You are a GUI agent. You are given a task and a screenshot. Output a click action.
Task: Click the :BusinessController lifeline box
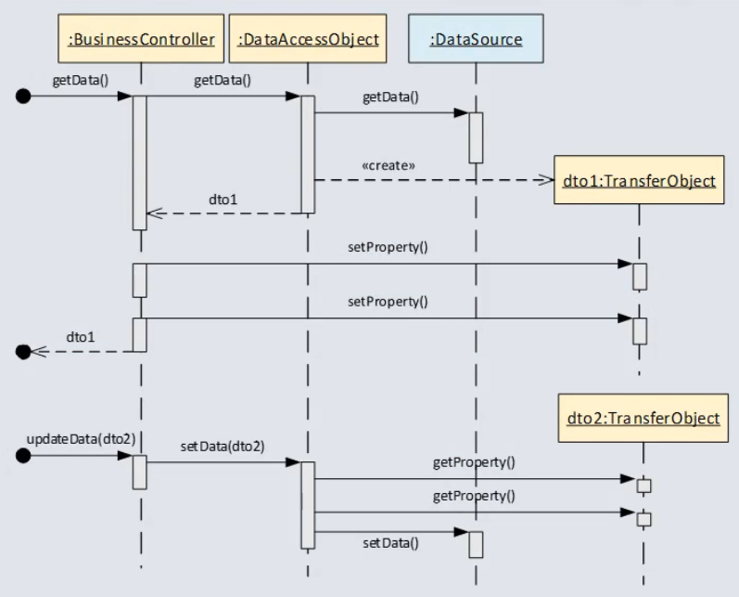[142, 39]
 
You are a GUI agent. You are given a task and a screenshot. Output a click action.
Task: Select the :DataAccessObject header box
[308, 39]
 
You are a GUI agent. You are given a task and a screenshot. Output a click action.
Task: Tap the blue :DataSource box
[476, 39]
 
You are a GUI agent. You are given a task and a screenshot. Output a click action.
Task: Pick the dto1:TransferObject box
[639, 180]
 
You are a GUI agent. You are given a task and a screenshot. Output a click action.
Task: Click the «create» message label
[388, 166]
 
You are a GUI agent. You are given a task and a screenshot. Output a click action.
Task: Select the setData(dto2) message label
[222, 446]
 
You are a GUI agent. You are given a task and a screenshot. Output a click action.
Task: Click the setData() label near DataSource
[389, 543]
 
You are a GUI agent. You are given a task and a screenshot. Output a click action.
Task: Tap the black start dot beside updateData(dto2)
[24, 456]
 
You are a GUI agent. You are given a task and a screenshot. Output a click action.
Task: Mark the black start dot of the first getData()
[24, 95]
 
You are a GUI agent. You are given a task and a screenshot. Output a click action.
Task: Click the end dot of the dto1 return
[24, 351]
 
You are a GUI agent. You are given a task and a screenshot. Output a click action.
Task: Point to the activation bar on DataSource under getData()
[476, 137]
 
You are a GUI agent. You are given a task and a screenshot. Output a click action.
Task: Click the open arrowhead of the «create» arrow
[545, 180]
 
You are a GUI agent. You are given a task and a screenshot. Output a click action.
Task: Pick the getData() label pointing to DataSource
[390, 97]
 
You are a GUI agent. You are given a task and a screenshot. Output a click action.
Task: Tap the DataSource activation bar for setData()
[476, 544]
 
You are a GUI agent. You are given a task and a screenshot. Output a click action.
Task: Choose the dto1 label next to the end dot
[80, 335]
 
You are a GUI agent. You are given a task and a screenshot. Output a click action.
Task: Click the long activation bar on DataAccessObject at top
[308, 153]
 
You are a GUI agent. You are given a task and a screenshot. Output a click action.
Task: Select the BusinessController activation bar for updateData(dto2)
[140, 472]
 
